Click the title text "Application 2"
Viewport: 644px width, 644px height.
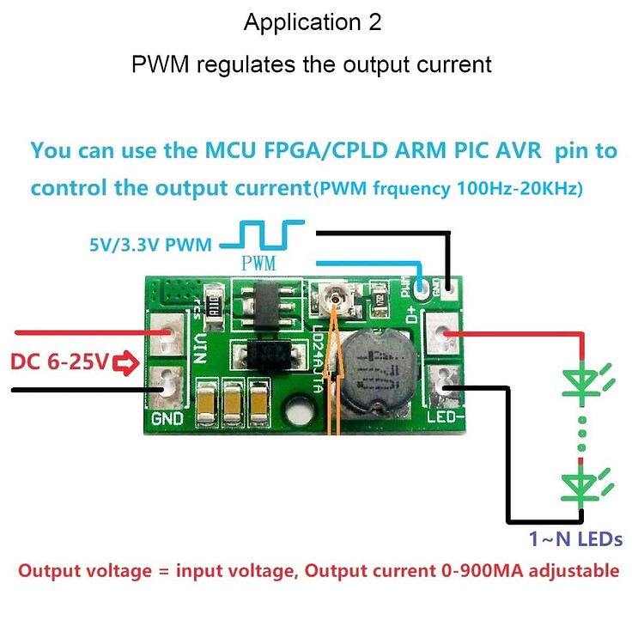[313, 23]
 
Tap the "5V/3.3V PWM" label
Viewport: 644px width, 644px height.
[150, 246]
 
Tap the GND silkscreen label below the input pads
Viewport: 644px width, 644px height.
[167, 420]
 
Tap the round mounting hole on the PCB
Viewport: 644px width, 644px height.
[298, 410]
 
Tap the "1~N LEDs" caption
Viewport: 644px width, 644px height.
[576, 540]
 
